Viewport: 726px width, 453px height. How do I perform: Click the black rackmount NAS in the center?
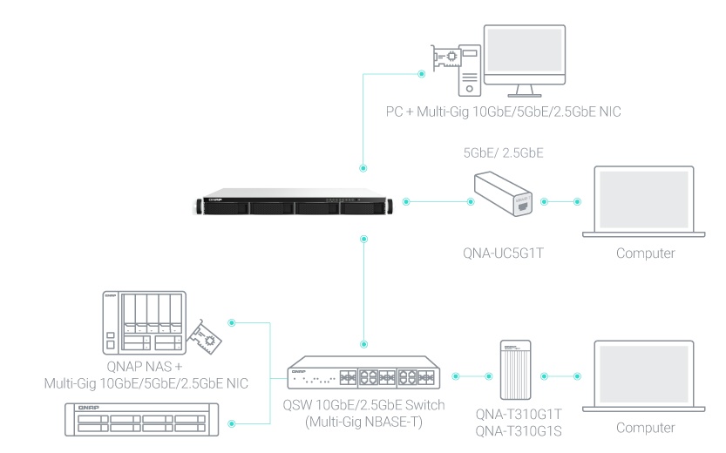click(x=295, y=202)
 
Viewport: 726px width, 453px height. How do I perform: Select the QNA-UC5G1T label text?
click(x=503, y=254)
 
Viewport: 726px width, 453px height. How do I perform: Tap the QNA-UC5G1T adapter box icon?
click(x=503, y=193)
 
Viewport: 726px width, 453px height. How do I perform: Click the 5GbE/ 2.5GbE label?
click(x=503, y=152)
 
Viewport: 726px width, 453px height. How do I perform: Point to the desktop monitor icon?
click(x=525, y=61)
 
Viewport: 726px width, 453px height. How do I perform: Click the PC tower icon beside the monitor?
click(x=470, y=71)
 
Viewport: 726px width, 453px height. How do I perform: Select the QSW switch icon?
click(x=363, y=373)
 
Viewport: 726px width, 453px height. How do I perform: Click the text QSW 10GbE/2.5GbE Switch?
click(x=363, y=405)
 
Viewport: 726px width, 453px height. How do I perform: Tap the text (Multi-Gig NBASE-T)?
click(x=363, y=422)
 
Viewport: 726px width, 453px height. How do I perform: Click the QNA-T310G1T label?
click(x=519, y=414)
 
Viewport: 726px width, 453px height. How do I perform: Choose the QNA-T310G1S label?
click(x=519, y=431)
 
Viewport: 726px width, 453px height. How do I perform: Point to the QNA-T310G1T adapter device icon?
click(x=515, y=369)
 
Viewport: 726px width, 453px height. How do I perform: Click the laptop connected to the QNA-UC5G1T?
click(x=643, y=202)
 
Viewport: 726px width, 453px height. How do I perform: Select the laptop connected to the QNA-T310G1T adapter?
click(x=643, y=376)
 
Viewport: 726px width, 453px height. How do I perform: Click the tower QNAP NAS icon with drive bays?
click(x=144, y=322)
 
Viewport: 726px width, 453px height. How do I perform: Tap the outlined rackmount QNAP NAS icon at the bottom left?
click(x=142, y=419)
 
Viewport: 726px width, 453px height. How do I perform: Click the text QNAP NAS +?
click(x=145, y=367)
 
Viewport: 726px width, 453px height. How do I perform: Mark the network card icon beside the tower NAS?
click(x=204, y=336)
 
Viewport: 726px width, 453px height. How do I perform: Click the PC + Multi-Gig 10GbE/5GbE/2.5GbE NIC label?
click(x=503, y=112)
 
